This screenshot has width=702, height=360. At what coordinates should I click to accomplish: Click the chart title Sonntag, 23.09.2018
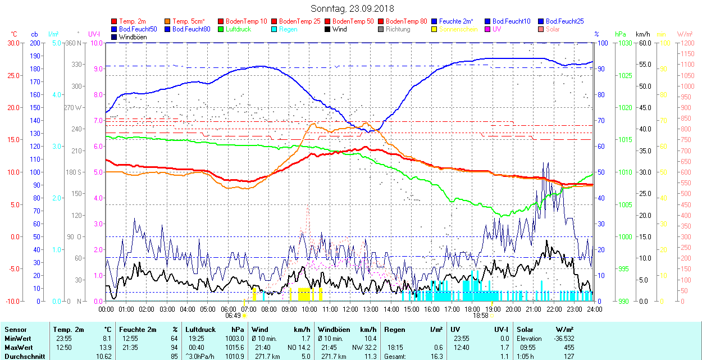pyautogui.click(x=352, y=9)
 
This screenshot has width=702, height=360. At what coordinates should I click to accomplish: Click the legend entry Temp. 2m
pyautogui.click(x=133, y=21)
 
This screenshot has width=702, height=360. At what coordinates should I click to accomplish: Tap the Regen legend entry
pyautogui.click(x=288, y=29)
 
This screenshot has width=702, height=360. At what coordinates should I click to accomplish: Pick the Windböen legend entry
pyautogui.click(x=133, y=37)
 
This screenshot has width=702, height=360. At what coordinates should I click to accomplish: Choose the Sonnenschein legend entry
pyautogui.click(x=458, y=29)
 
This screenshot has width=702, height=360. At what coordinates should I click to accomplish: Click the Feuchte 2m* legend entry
pyautogui.click(x=456, y=21)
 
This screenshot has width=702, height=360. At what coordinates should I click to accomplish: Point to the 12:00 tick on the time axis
pyautogui.click(x=350, y=309)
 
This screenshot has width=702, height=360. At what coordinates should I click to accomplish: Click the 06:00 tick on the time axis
pyautogui.click(x=228, y=309)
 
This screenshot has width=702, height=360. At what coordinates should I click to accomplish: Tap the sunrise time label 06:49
pyautogui.click(x=233, y=316)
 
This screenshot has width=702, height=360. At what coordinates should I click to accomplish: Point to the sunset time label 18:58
pyautogui.click(x=481, y=316)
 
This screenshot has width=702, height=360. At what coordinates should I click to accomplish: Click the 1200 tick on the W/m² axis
pyautogui.click(x=686, y=43)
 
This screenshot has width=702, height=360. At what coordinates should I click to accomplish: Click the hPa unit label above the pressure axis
pyautogui.click(x=620, y=34)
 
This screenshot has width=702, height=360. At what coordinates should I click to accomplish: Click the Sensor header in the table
pyautogui.click(x=15, y=330)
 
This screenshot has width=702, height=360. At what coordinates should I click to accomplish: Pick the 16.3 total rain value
pyautogui.click(x=436, y=357)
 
